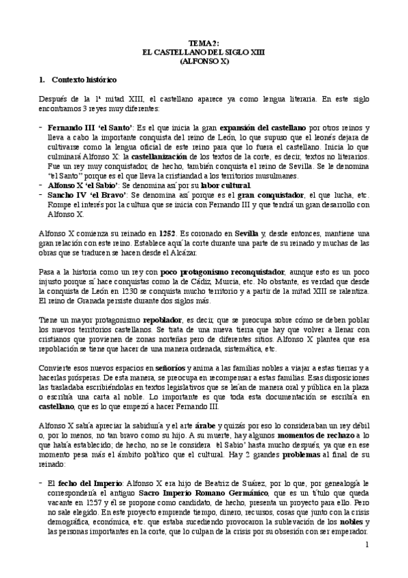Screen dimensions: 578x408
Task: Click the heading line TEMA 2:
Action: point(204,42)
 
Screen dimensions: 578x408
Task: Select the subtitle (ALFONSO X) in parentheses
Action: point(204,60)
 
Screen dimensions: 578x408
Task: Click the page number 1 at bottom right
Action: point(366,545)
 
